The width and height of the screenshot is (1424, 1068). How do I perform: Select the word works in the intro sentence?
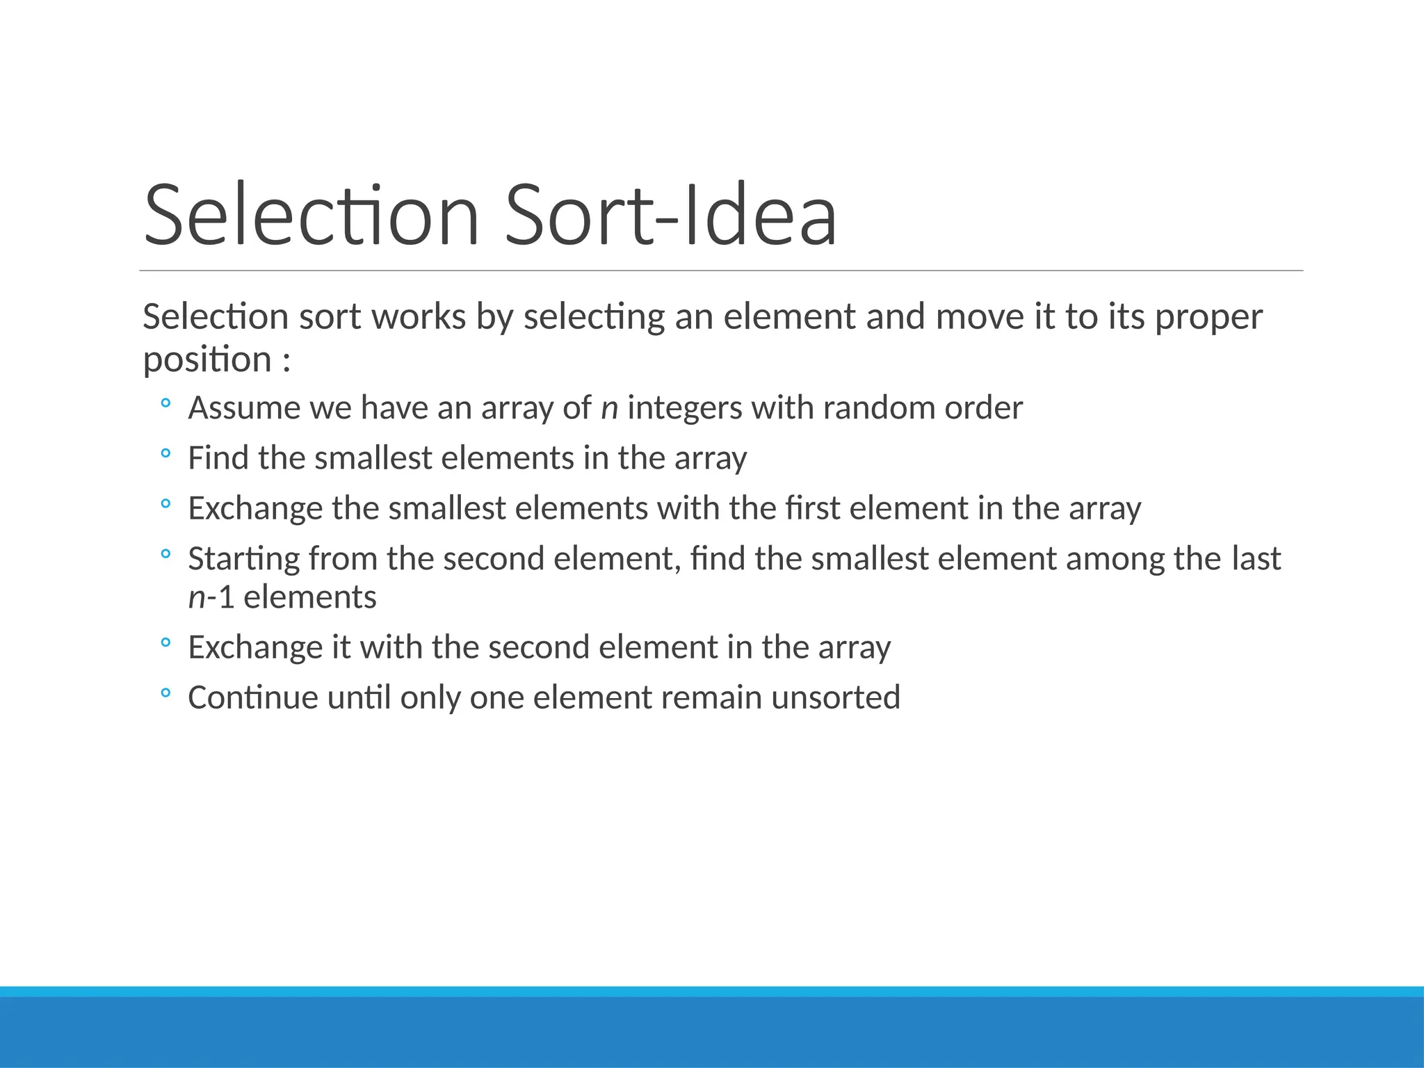pyautogui.click(x=419, y=317)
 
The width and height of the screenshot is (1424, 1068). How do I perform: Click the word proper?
pyautogui.click(x=1208, y=318)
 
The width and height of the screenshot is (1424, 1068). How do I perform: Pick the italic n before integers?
pyautogui.click(x=609, y=408)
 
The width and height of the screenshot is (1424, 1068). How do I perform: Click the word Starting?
pyautogui.click(x=243, y=559)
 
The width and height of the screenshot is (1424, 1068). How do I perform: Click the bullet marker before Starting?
pyautogui.click(x=165, y=554)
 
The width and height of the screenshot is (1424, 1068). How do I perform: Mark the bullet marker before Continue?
pyautogui.click(x=165, y=693)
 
